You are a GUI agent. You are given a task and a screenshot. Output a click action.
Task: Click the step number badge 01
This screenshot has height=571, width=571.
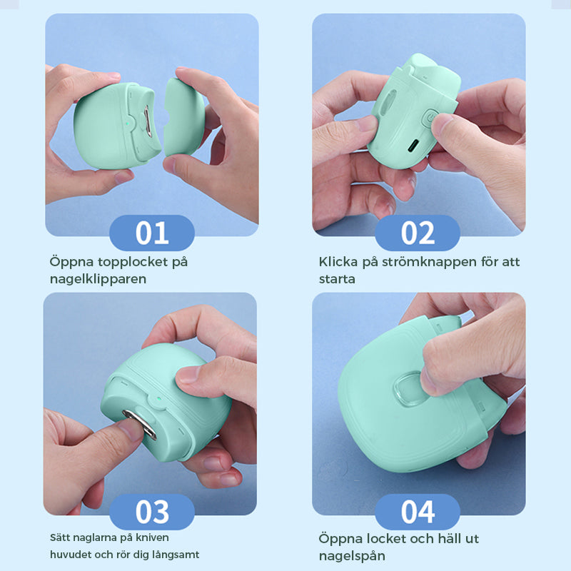point(151,233)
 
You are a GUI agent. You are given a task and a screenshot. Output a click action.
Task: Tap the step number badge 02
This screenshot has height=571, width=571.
point(418,233)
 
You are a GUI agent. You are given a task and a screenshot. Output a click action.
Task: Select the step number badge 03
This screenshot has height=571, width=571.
point(151,512)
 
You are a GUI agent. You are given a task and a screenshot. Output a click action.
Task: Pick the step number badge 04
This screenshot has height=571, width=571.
point(418,512)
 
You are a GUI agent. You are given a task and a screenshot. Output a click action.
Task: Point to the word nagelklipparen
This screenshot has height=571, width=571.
point(98,279)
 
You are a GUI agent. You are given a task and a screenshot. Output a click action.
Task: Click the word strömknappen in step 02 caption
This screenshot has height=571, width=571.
point(418,262)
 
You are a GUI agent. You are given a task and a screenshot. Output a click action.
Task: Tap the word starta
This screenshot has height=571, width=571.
point(337,279)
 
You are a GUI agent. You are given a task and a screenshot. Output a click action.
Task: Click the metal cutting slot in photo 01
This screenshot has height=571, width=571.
point(145,121)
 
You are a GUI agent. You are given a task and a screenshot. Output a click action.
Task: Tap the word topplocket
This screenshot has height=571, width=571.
point(135,262)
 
